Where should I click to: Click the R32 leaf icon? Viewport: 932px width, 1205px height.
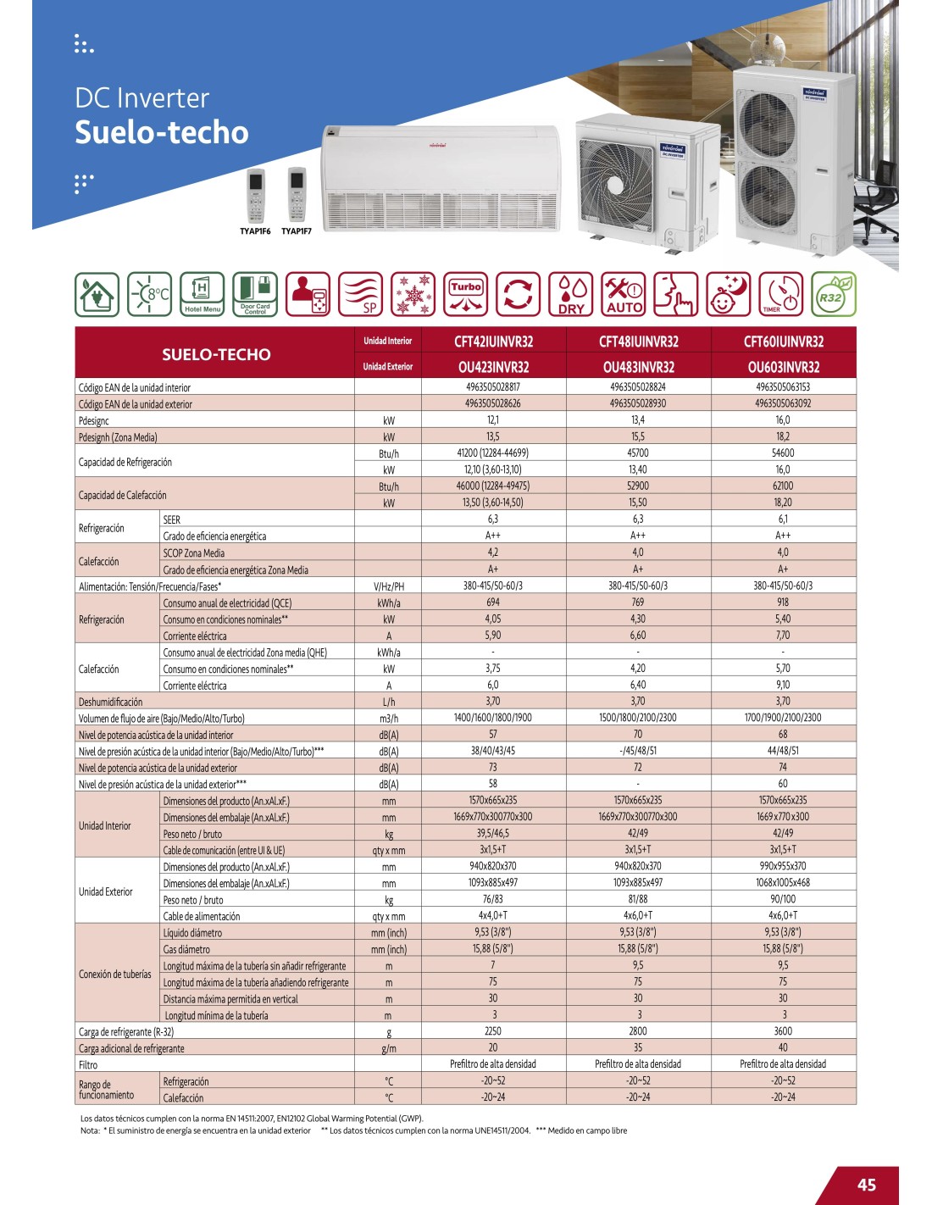click(833, 294)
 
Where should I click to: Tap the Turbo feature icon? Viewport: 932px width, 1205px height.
click(465, 294)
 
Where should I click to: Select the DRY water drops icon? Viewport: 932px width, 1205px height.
click(571, 294)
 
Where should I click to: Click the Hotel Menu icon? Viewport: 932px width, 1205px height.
click(202, 294)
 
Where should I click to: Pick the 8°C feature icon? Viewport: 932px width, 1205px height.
click(150, 294)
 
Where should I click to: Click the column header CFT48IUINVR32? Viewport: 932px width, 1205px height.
click(638, 342)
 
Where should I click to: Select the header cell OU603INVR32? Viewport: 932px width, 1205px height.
click(783, 367)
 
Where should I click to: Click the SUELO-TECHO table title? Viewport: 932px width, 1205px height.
click(216, 354)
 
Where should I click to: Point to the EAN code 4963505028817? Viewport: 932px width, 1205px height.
click(492, 387)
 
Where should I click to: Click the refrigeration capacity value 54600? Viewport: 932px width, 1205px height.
click(783, 453)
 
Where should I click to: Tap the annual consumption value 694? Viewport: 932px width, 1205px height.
click(492, 602)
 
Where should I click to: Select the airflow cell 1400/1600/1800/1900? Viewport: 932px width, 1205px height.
click(492, 718)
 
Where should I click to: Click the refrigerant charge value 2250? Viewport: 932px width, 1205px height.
click(492, 1031)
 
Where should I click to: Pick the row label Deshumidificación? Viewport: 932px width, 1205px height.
click(111, 702)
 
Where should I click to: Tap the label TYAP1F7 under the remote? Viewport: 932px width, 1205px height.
click(297, 231)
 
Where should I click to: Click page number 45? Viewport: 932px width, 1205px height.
click(866, 1185)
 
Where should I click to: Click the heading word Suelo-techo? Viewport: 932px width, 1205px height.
click(162, 133)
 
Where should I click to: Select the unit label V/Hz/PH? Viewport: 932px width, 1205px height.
click(388, 586)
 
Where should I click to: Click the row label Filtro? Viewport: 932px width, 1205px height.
click(88, 1065)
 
